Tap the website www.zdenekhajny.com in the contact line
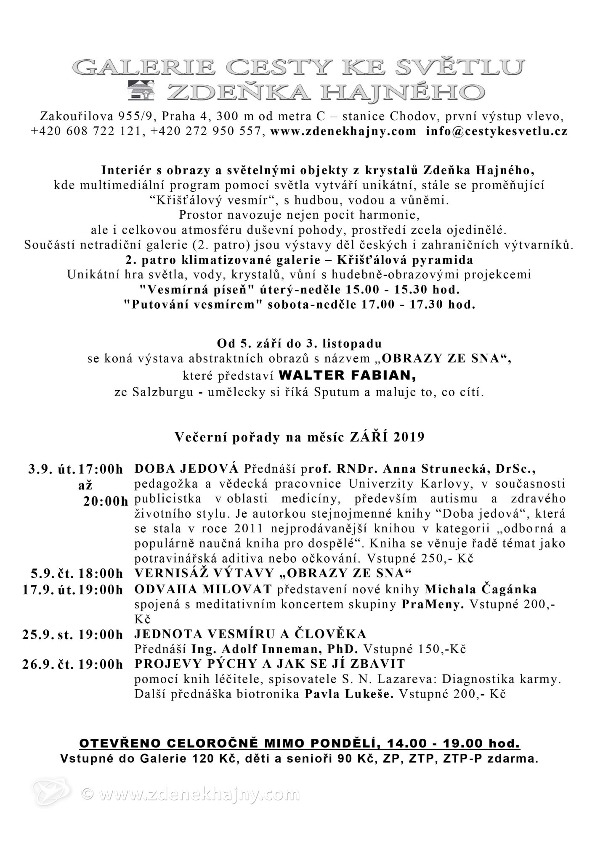[x=343, y=131]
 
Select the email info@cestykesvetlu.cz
[x=497, y=131]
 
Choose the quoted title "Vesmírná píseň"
[x=193, y=290]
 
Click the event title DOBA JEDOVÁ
[x=186, y=468]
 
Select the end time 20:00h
[x=106, y=502]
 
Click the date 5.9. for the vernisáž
[x=42, y=573]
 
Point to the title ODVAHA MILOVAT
[x=203, y=590]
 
